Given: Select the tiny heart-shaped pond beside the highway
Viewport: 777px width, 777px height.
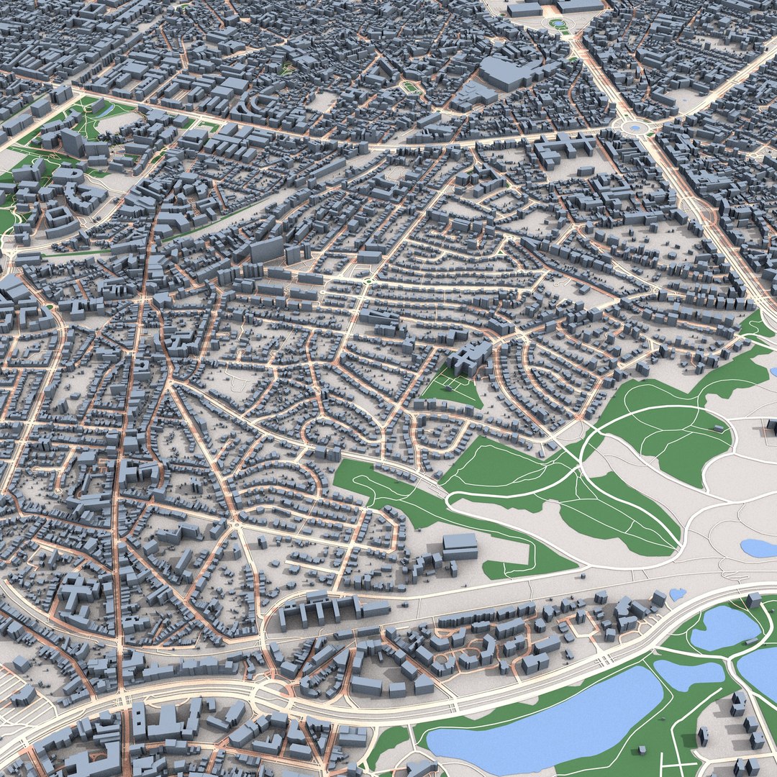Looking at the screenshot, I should click(677, 594).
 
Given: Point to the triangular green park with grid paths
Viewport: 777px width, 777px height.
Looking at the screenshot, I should click(452, 388).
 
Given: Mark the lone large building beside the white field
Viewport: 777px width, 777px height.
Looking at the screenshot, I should click(460, 546).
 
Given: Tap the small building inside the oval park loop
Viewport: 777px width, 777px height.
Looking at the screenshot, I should click(719, 428).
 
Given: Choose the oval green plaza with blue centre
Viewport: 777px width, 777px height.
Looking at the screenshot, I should click(558, 24).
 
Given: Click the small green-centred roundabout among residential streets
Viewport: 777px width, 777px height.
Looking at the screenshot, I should click(367, 281).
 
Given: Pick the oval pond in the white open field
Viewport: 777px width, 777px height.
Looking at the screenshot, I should click(760, 548).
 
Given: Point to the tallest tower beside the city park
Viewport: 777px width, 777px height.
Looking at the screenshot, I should click(73, 142).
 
